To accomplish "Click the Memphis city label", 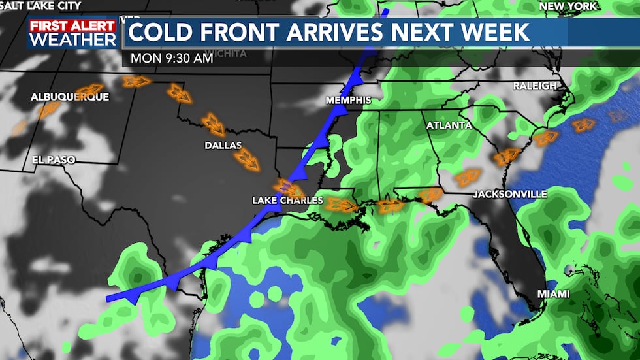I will (349, 100).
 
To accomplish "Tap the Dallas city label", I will (223, 145).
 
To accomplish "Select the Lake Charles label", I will (287, 200).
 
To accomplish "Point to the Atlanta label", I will (449, 125).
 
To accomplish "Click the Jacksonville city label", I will (509, 194).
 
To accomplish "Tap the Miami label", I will (553, 294).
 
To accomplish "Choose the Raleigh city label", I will (535, 86).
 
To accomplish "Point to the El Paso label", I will (54, 159).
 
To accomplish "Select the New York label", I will (568, 6).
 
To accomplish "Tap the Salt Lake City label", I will (40, 6).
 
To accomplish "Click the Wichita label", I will (225, 53).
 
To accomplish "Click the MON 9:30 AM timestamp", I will (172, 57).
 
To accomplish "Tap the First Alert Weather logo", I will (72, 33).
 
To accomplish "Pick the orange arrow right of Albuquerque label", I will (89, 90).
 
